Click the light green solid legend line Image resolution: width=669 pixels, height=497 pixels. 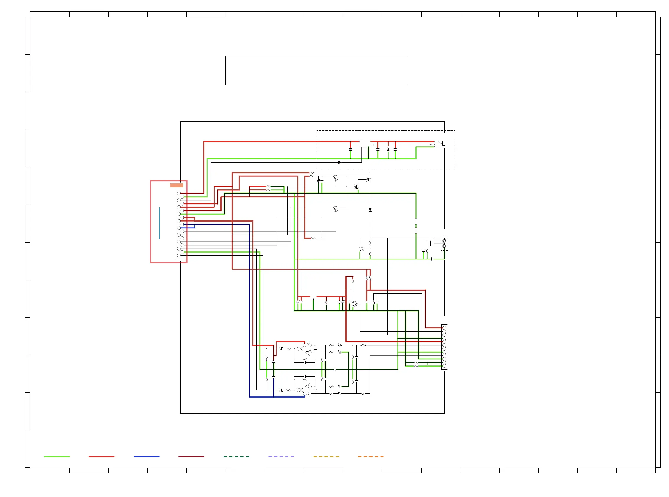click(57, 457)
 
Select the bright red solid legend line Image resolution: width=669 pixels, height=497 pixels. click(102, 457)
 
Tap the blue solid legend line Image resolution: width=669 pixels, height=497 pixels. click(146, 457)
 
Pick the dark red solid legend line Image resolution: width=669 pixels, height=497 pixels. click(191, 457)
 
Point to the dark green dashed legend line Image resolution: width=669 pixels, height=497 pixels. click(236, 457)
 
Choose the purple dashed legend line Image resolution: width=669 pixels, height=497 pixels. click(281, 457)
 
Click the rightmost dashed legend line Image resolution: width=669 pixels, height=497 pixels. click(371, 457)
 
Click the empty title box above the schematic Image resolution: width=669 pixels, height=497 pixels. click(316, 71)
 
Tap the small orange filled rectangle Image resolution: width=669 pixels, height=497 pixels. click(176, 185)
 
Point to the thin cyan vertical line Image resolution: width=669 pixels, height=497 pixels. click(159, 223)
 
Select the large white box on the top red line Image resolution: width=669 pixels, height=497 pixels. click(365, 143)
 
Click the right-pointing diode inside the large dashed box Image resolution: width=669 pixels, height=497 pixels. click(340, 162)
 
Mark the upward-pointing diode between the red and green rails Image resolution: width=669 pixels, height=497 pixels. click(388, 150)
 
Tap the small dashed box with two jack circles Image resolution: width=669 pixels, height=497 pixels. click(444, 243)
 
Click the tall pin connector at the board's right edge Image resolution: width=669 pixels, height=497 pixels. click(444, 347)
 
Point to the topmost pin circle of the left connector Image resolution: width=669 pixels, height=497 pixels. click(178, 193)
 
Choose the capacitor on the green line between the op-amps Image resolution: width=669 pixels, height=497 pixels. click(335, 370)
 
